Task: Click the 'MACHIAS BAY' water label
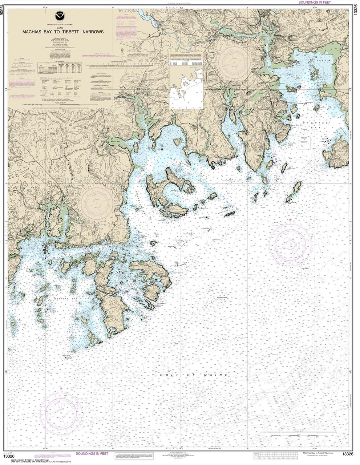point(315,126)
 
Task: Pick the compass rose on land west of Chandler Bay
point(97,203)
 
